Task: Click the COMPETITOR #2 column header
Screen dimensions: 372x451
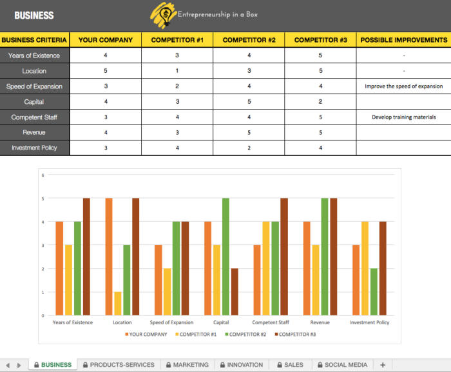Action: [x=249, y=40]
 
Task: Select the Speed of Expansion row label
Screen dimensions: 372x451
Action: [x=35, y=86]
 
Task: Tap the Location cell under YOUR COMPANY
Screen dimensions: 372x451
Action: [x=106, y=71]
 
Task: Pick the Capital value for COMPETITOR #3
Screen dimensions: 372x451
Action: [x=320, y=102]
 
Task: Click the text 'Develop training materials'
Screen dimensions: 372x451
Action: [x=403, y=117]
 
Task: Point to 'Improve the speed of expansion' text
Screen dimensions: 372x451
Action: [x=403, y=86]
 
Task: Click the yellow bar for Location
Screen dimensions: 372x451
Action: [x=118, y=304]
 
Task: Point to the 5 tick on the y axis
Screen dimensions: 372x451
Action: [x=43, y=199]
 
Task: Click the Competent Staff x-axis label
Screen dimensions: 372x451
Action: [x=271, y=322]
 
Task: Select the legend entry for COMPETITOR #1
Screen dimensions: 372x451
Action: [x=197, y=335]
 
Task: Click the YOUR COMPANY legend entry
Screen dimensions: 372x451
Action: [x=146, y=335]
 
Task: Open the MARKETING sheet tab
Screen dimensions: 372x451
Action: [x=186, y=365]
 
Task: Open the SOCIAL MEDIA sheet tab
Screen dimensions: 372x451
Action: [x=342, y=365]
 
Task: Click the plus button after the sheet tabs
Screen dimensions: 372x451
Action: [x=383, y=365]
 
